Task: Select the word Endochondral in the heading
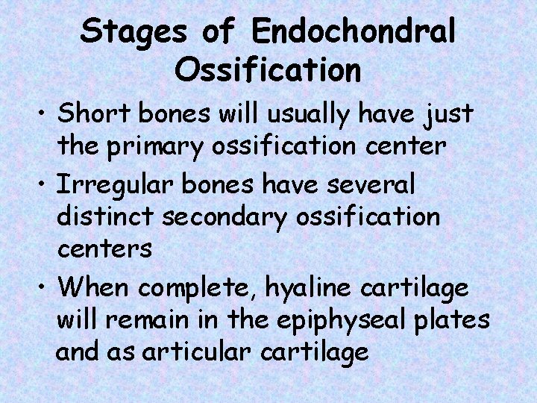(x=354, y=31)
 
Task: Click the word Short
(x=92, y=115)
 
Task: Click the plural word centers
(x=104, y=250)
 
